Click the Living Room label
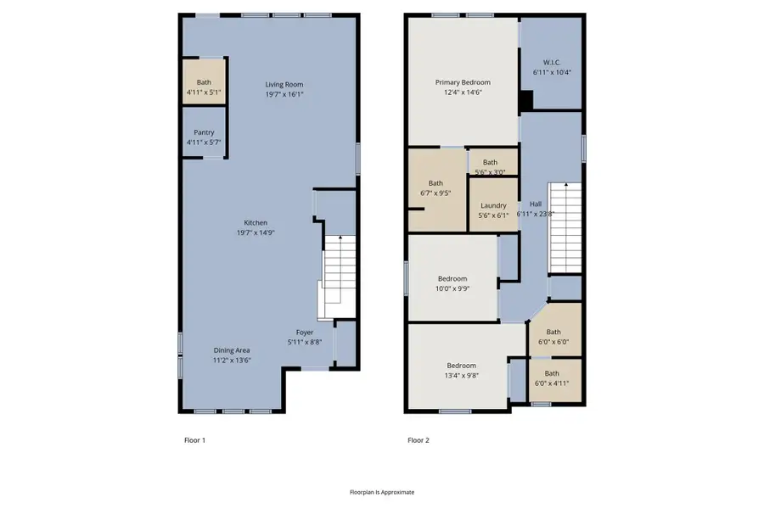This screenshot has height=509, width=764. (284, 85)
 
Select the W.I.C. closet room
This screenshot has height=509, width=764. (552, 67)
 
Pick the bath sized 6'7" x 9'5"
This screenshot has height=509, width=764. (435, 188)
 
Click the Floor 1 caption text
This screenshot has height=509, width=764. (194, 440)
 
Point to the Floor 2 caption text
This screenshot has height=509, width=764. (418, 440)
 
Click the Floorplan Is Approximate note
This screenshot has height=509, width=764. (382, 492)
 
